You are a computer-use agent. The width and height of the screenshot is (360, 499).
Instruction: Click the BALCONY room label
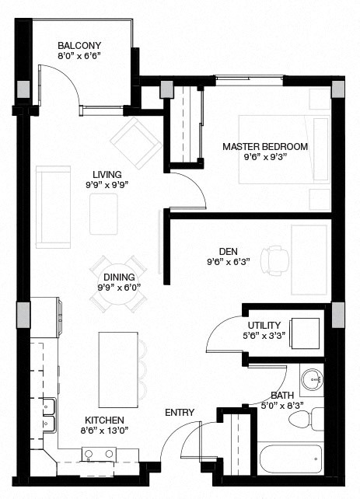pyautogui.click(x=80, y=44)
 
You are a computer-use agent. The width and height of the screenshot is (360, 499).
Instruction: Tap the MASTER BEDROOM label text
pyautogui.click(x=264, y=146)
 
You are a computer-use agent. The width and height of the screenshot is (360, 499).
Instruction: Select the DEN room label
pyautogui.click(x=228, y=251)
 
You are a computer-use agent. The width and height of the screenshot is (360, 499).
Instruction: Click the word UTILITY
pyautogui.click(x=264, y=325)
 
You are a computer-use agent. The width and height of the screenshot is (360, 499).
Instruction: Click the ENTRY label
pyautogui.click(x=180, y=411)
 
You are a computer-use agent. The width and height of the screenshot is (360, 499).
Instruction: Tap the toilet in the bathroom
pyautogui.click(x=306, y=419)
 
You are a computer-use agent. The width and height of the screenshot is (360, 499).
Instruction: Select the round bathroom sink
pyautogui.click(x=313, y=382)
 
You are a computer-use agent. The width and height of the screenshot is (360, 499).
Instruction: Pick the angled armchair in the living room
pyautogui.click(x=136, y=138)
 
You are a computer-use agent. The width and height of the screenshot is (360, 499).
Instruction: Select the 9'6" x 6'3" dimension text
pyautogui.click(x=228, y=262)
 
